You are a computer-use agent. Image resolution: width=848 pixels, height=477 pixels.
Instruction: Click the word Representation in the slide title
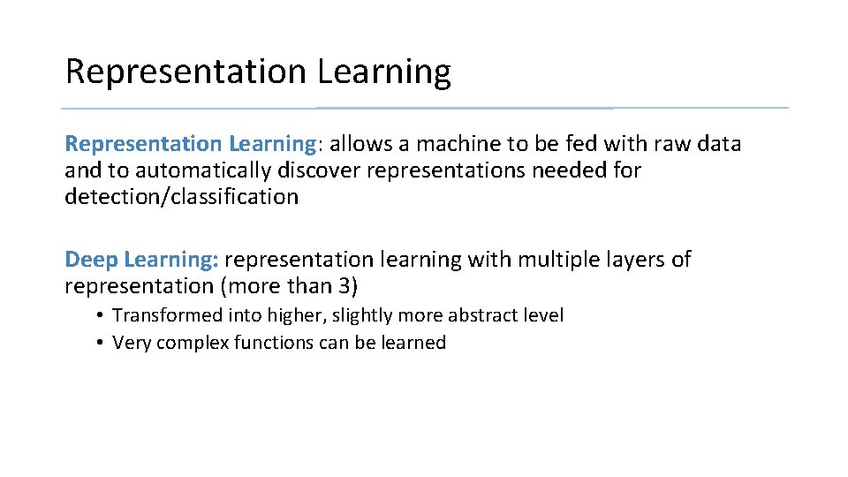186,72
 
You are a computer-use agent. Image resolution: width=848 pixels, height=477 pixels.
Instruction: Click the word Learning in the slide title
384,72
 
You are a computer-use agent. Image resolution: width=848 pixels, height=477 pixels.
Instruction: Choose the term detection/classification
181,196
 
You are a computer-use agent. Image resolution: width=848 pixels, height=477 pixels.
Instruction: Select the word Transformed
167,315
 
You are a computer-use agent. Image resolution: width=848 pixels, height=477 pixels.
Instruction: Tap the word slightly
362,315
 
